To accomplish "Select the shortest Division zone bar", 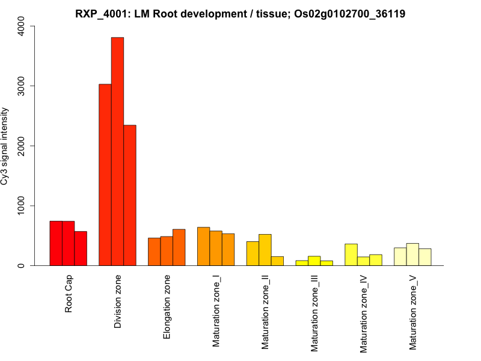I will click(130, 196).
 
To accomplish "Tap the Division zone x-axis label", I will click(118, 302).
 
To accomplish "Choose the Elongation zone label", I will click(167, 307).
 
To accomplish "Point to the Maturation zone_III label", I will click(314, 313).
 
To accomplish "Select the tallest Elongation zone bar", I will click(179, 247).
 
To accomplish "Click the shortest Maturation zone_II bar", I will click(277, 261).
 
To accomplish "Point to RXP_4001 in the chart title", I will click(100, 13).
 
